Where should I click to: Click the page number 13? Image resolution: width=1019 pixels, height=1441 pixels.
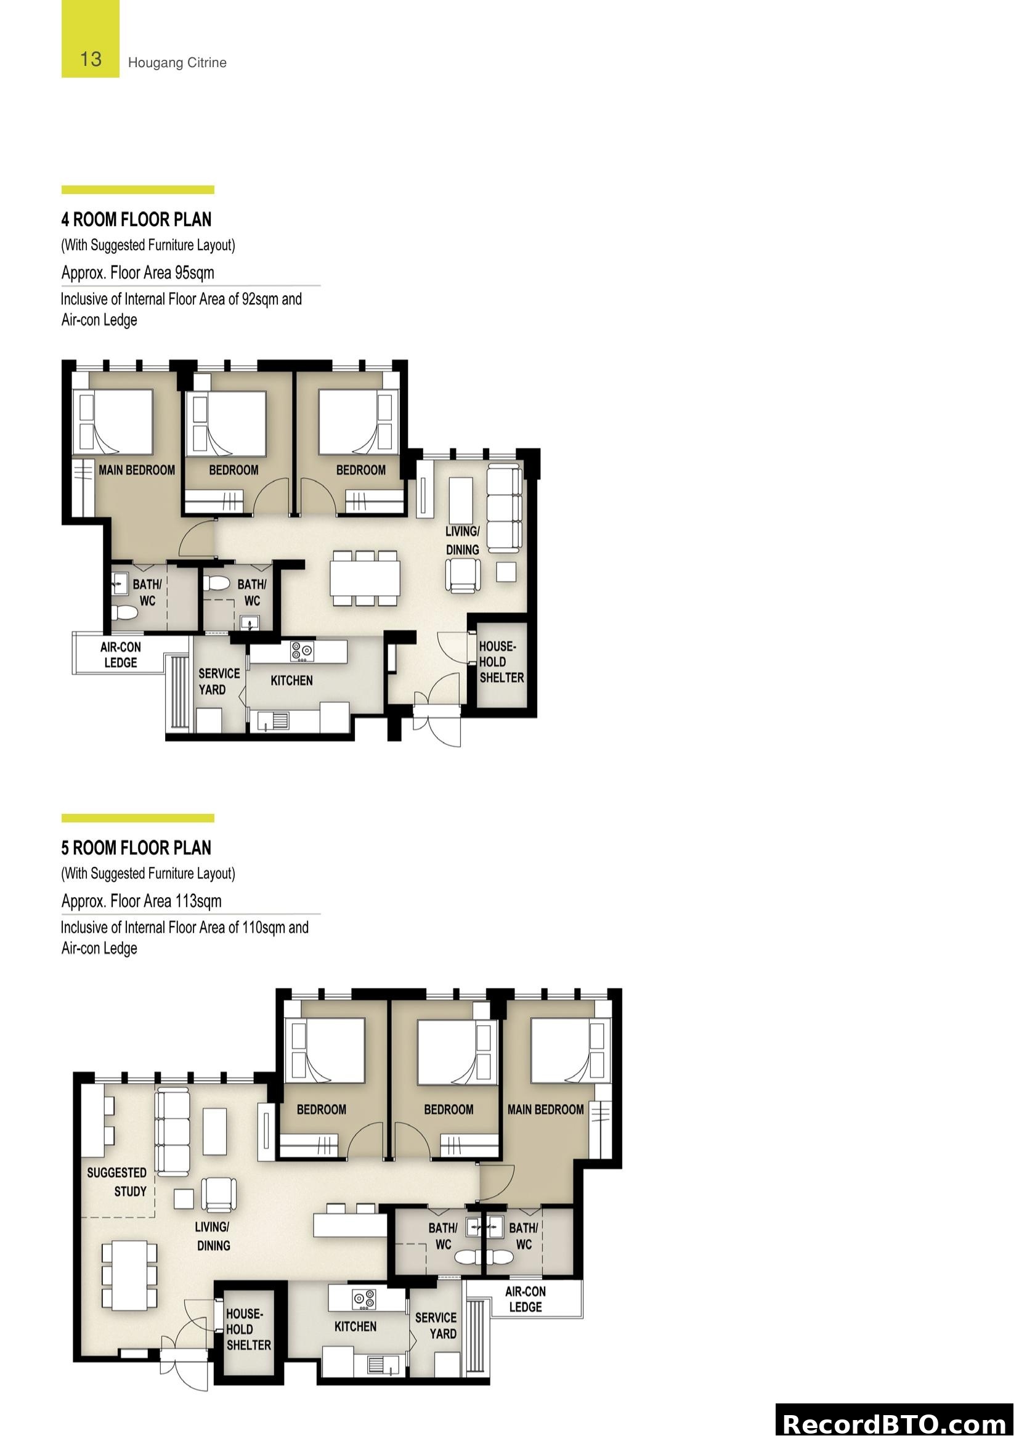91,59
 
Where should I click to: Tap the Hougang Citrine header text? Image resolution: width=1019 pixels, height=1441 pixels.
177,63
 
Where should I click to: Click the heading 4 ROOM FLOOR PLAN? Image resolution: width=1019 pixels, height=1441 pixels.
136,220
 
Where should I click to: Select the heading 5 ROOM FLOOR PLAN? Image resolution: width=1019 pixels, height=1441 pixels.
136,848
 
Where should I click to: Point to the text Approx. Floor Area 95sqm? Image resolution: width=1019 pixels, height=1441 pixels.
137,272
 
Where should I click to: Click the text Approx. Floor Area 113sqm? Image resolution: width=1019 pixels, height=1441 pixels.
141,901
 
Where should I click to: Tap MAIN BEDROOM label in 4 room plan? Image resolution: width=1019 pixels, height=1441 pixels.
136,470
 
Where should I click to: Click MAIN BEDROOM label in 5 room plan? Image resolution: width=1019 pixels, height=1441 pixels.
545,1110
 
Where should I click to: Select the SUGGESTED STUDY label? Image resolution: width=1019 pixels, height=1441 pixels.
117,1182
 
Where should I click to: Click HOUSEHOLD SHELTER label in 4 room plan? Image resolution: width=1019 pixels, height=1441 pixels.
501,662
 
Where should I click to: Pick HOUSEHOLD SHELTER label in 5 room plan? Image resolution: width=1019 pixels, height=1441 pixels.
248,1329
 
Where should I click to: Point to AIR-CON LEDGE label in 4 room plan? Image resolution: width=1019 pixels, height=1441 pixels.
121,655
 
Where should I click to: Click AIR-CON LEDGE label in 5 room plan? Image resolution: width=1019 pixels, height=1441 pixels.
526,1299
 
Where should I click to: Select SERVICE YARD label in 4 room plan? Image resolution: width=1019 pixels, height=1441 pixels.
218,681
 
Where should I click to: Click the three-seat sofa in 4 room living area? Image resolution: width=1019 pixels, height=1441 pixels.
505,508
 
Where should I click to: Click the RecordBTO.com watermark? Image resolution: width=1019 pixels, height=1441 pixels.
895,1424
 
